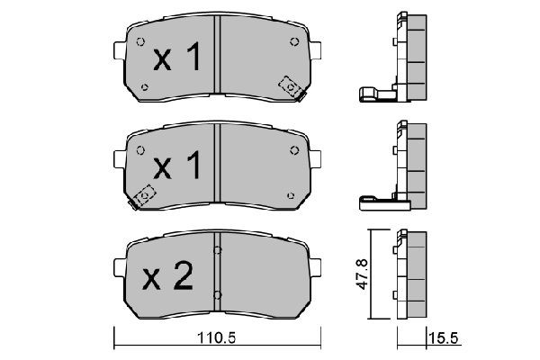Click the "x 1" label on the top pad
[175, 59]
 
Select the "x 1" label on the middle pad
[175, 167]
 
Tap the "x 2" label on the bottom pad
[170, 275]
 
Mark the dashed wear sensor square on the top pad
[291, 85]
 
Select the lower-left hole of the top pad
[145, 86]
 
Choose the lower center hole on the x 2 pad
[219, 293]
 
